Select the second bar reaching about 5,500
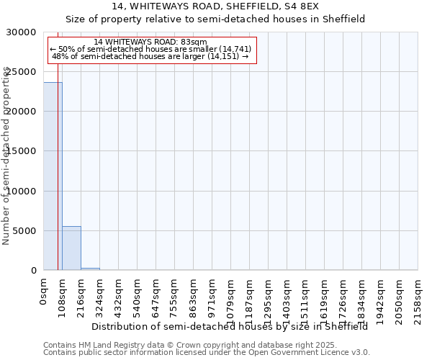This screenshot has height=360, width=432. [x=71, y=248]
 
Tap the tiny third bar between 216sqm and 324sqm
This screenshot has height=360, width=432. [x=90, y=269]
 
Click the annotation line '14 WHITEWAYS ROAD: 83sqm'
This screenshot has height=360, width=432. [x=150, y=42]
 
